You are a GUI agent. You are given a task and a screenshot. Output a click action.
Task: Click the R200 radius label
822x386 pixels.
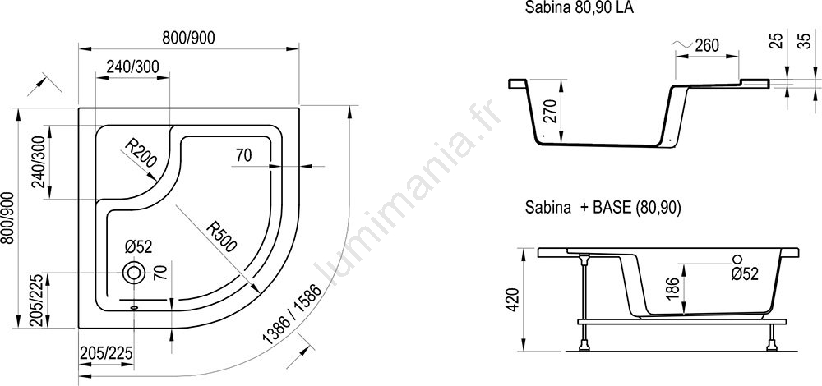(141, 152)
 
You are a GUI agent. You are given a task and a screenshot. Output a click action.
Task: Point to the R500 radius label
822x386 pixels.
(221, 237)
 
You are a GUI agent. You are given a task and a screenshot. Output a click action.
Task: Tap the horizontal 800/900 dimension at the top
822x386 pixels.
(188, 38)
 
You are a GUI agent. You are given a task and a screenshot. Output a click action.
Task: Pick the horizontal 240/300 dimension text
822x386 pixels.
(132, 67)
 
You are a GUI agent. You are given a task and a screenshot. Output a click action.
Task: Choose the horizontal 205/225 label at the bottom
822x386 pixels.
(106, 353)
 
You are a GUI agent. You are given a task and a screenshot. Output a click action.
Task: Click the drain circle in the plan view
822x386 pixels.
(133, 273)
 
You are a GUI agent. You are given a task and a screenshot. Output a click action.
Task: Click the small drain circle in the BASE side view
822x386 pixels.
(737, 259)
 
